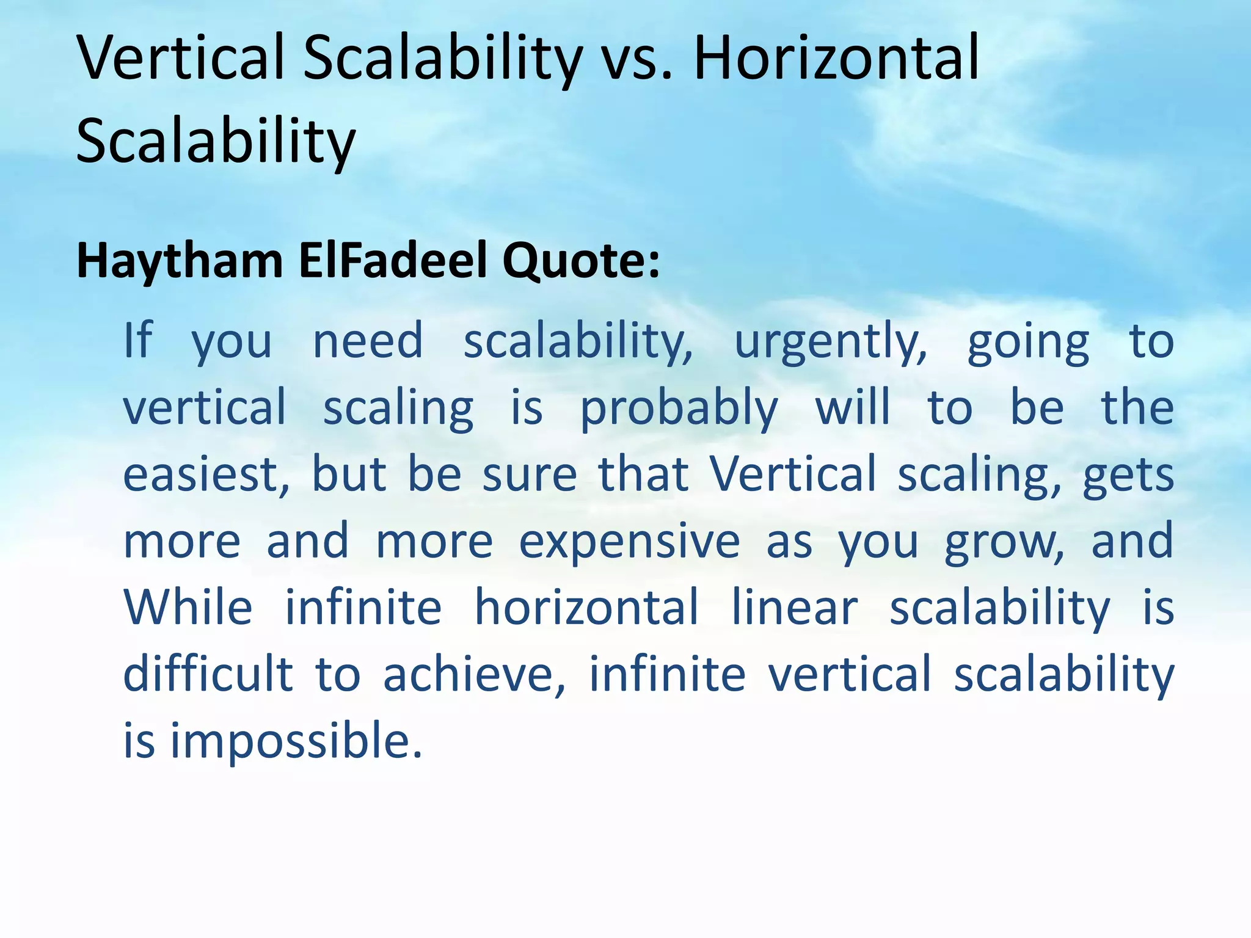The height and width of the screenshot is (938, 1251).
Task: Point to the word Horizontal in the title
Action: tap(836, 58)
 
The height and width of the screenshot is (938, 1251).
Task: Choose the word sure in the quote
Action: tap(530, 474)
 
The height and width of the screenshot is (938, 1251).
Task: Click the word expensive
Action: tap(629, 542)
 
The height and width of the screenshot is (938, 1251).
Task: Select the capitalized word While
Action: tap(188, 607)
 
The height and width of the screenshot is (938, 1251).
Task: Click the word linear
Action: tap(795, 607)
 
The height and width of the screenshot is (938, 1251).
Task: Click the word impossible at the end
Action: tap(296, 741)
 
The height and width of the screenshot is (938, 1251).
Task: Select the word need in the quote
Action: tap(368, 341)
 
